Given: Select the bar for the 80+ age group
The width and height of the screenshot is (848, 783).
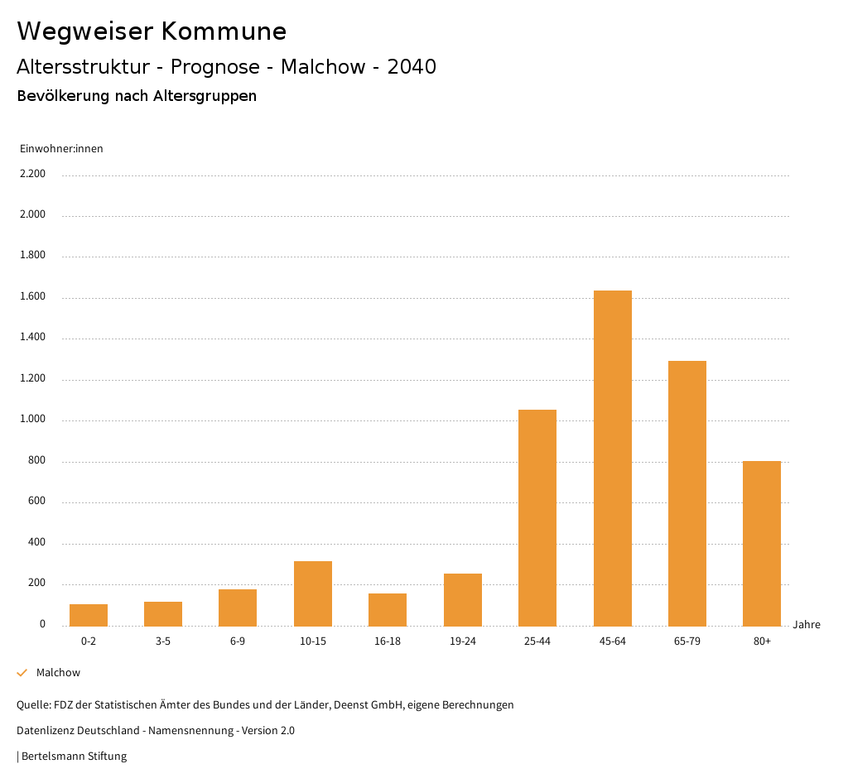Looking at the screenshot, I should [762, 543].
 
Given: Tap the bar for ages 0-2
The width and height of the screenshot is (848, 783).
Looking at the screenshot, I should [89, 615].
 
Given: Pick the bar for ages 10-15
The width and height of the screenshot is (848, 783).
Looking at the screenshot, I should [313, 593].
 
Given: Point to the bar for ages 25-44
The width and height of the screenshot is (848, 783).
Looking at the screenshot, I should [537, 517].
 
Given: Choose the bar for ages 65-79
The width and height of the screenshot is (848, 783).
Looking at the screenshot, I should [687, 493].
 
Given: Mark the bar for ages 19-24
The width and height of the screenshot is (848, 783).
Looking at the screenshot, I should [463, 599].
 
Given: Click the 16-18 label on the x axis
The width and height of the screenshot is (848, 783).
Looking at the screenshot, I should [388, 641].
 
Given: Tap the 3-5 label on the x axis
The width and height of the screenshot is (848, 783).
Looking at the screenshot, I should [163, 641].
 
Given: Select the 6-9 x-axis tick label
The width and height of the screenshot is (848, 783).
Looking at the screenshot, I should [238, 641].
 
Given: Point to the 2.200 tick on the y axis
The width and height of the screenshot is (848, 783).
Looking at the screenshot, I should [32, 174].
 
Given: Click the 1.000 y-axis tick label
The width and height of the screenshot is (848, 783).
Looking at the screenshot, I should [32, 420].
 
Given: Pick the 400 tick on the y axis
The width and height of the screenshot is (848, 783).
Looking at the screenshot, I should [36, 543].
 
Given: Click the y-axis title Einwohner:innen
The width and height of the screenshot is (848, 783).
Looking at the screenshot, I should [61, 149].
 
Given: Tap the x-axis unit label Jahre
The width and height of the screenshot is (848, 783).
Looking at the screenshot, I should [807, 625].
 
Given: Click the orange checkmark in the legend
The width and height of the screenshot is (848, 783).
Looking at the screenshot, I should [22, 673].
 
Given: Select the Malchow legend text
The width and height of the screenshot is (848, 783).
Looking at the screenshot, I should [58, 673].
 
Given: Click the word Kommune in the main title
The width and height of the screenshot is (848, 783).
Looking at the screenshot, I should [224, 31].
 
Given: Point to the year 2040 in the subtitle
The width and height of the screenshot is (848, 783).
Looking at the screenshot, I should [412, 67].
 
